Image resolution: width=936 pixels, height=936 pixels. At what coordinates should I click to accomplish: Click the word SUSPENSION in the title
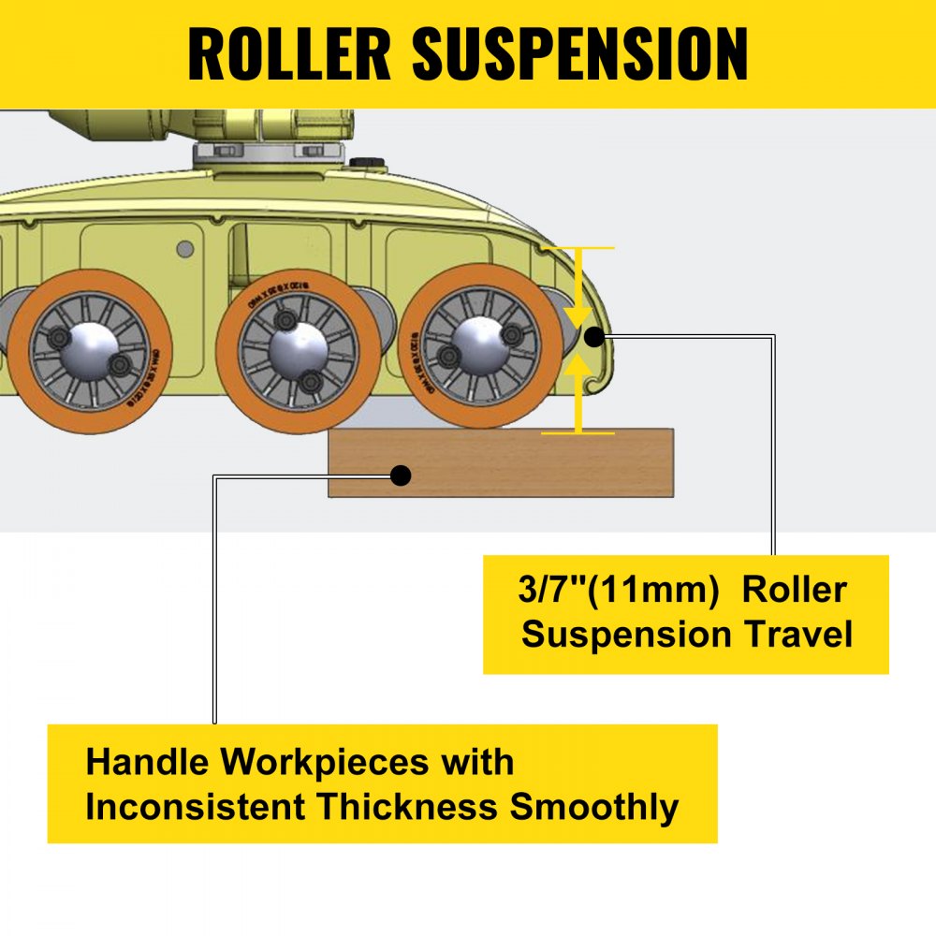[x=580, y=54]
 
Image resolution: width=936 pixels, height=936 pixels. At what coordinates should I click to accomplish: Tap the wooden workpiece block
[x=524, y=463]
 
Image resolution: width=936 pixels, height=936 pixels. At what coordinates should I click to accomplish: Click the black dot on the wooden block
[x=401, y=475]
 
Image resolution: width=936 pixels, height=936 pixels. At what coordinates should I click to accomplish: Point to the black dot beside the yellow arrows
[x=594, y=336]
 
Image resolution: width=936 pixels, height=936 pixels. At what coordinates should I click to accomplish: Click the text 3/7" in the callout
[x=553, y=592]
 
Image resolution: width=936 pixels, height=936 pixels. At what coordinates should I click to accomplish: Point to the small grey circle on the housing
[x=185, y=248]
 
